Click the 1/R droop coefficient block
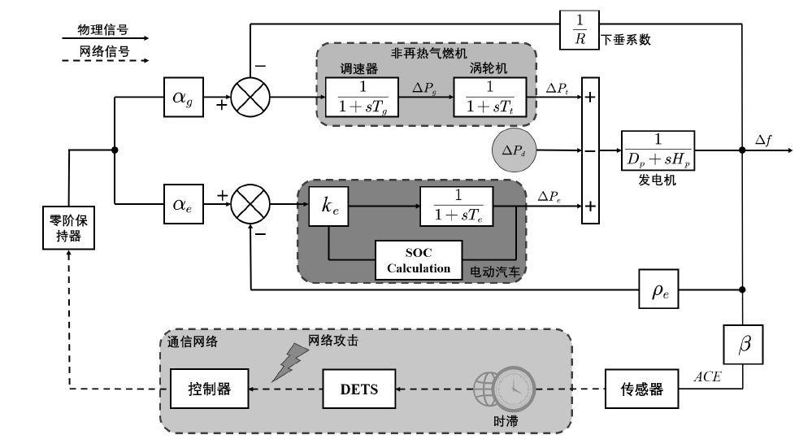[x=579, y=29]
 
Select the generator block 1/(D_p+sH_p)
[x=658, y=150]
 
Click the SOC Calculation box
[x=418, y=261]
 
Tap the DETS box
[x=358, y=389]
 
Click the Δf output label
[x=764, y=139]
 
